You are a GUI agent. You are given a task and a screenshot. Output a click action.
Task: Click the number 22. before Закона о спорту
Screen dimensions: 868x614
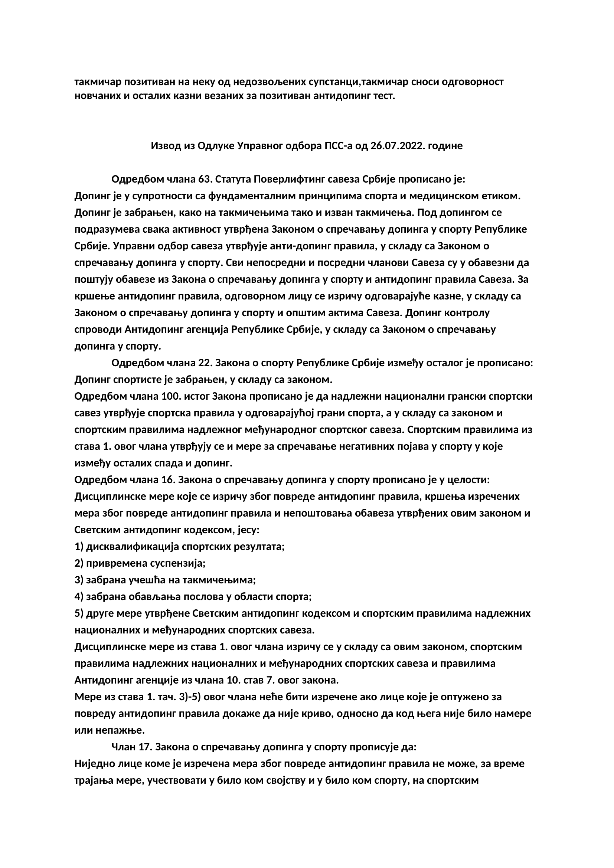pyautogui.click(x=205, y=363)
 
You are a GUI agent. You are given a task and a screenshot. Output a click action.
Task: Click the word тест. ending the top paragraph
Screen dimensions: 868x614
pyautogui.click(x=385, y=96)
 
